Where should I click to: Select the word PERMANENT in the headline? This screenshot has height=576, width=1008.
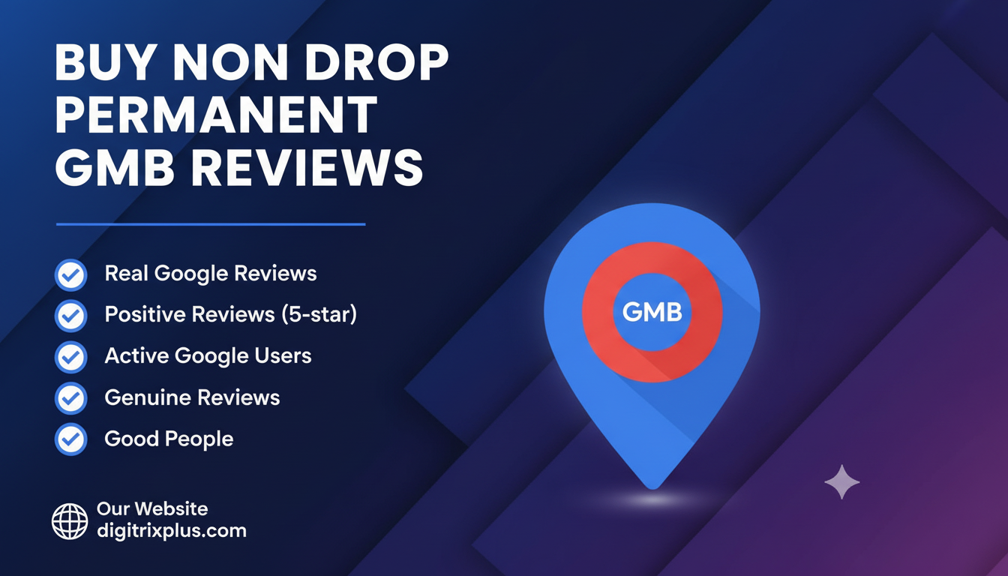coord(216,116)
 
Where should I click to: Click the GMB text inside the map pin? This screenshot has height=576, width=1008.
coord(652,311)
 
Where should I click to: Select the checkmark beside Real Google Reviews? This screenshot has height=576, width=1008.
coord(71,274)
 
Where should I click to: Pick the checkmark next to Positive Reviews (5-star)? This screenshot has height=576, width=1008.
coord(71,316)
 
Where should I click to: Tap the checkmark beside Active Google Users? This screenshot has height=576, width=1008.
coord(71,357)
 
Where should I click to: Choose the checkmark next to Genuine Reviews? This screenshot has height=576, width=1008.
coord(71,398)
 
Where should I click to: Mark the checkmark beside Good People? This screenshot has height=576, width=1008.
coord(71,439)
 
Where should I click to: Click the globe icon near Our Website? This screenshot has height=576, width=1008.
coord(70,520)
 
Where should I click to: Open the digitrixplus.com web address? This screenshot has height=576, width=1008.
coord(171,531)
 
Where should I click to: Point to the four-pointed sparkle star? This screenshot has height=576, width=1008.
coord(841,481)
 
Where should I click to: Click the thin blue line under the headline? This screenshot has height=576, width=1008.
coord(211,223)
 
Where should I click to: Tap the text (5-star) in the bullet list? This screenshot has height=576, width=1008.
coord(319,314)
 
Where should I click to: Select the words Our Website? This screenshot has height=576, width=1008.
coord(152,508)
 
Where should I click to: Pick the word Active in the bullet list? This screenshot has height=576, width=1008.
coord(137,355)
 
